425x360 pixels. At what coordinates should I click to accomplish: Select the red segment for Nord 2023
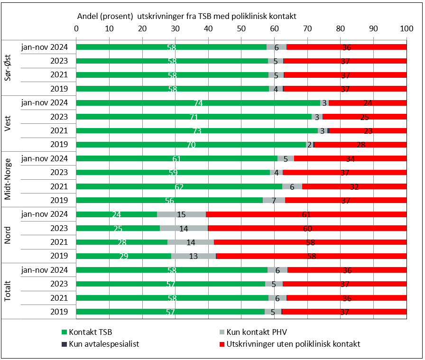[x=307, y=228]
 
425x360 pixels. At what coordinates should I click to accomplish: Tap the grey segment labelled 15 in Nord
[x=181, y=214]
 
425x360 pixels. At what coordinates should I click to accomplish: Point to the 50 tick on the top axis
[x=241, y=28]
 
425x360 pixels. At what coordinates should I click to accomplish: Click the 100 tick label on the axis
[x=406, y=28]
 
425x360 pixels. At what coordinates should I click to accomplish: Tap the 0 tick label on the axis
[x=76, y=28]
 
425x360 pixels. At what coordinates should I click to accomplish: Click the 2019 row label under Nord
[x=59, y=256]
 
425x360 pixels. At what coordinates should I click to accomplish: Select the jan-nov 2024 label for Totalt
[x=45, y=270]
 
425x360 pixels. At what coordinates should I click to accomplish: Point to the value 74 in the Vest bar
[x=198, y=103]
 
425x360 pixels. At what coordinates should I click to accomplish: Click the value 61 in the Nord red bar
[x=306, y=214]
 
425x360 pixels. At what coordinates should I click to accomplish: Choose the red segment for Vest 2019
[x=360, y=145]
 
